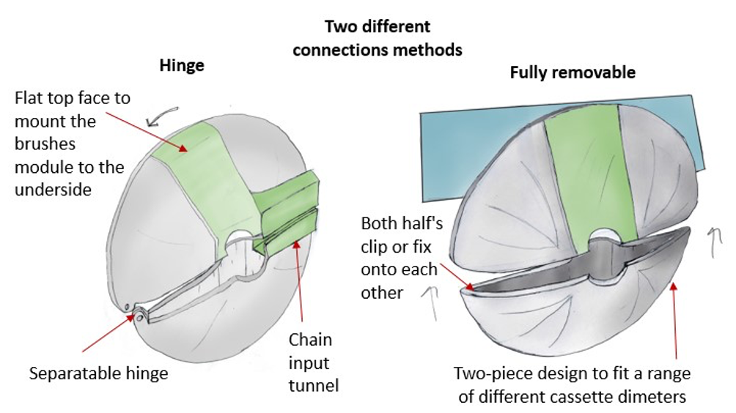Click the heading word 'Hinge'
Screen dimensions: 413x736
pyautogui.click(x=182, y=65)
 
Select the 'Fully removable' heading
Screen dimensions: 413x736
pyautogui.click(x=573, y=72)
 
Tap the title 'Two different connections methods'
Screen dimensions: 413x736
pyautogui.click(x=378, y=38)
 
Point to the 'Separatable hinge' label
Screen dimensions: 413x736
pyautogui.click(x=99, y=373)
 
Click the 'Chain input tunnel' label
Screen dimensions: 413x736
pyautogui.click(x=310, y=362)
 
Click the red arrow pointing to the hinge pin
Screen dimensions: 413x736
pyautogui.click(x=107, y=334)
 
